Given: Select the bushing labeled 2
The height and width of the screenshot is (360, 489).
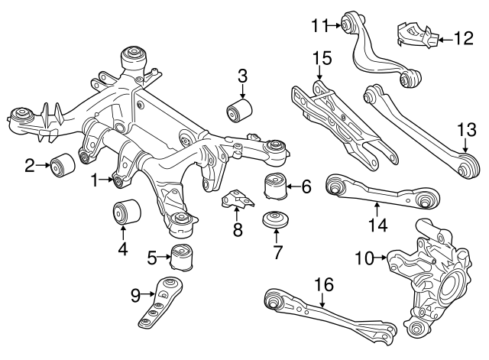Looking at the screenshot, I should pos(61,163).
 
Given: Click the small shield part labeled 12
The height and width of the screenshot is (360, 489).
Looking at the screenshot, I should pos(416,36).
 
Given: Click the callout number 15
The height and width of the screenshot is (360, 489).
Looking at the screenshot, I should pos(322,57).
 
